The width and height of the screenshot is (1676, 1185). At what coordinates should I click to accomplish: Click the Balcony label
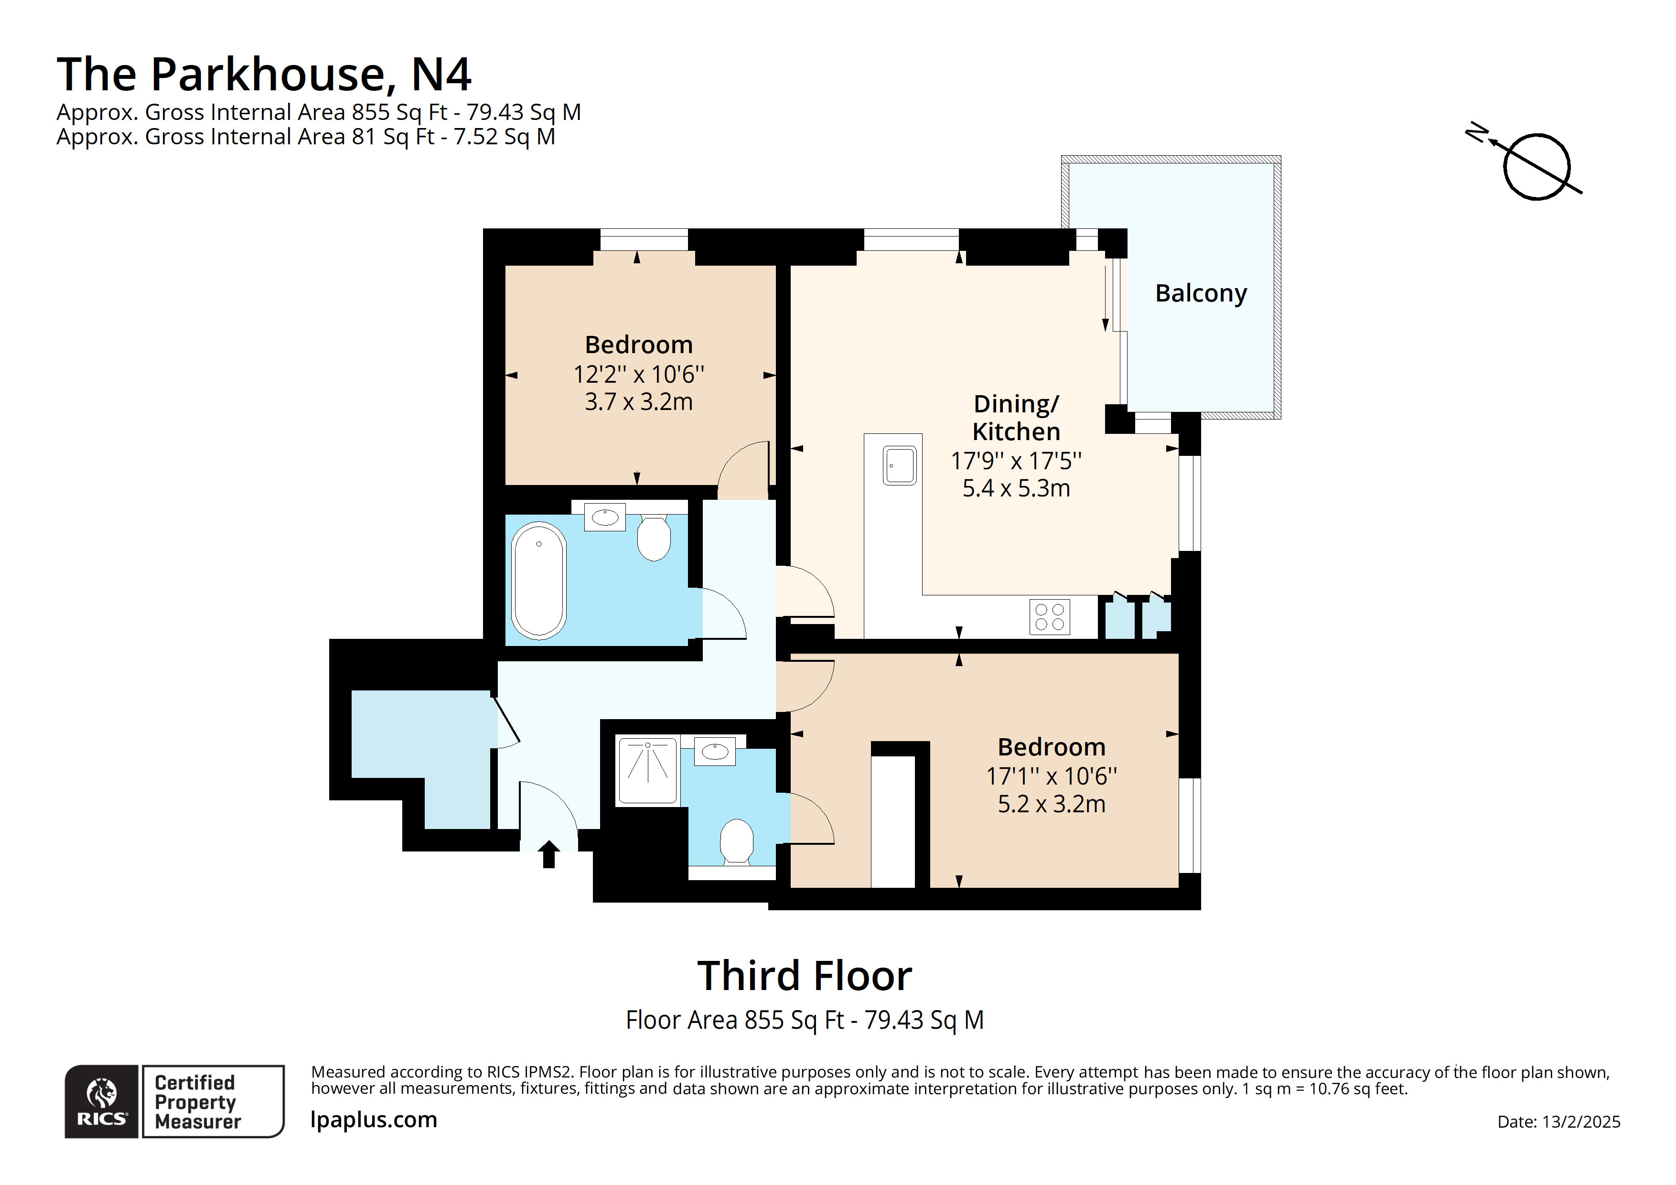click(x=1201, y=293)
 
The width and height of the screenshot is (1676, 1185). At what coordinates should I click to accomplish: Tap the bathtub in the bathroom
click(x=539, y=581)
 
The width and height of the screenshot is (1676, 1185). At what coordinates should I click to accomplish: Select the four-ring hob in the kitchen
click(x=1050, y=616)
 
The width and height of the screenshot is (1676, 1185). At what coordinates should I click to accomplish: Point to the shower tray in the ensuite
click(x=647, y=771)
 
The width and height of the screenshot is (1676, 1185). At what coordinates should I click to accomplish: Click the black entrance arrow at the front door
click(x=549, y=854)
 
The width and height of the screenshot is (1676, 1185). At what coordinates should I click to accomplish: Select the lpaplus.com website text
click(x=374, y=1120)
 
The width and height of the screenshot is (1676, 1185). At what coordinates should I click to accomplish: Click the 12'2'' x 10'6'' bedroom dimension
click(x=639, y=375)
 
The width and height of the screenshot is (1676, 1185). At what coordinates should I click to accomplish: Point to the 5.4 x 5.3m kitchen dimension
click(x=1016, y=488)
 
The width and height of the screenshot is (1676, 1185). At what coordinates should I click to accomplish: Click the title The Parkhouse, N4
click(x=264, y=75)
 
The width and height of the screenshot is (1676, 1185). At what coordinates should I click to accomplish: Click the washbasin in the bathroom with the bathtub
click(x=605, y=517)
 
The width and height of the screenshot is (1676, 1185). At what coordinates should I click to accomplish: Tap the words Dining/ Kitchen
click(x=1016, y=418)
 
